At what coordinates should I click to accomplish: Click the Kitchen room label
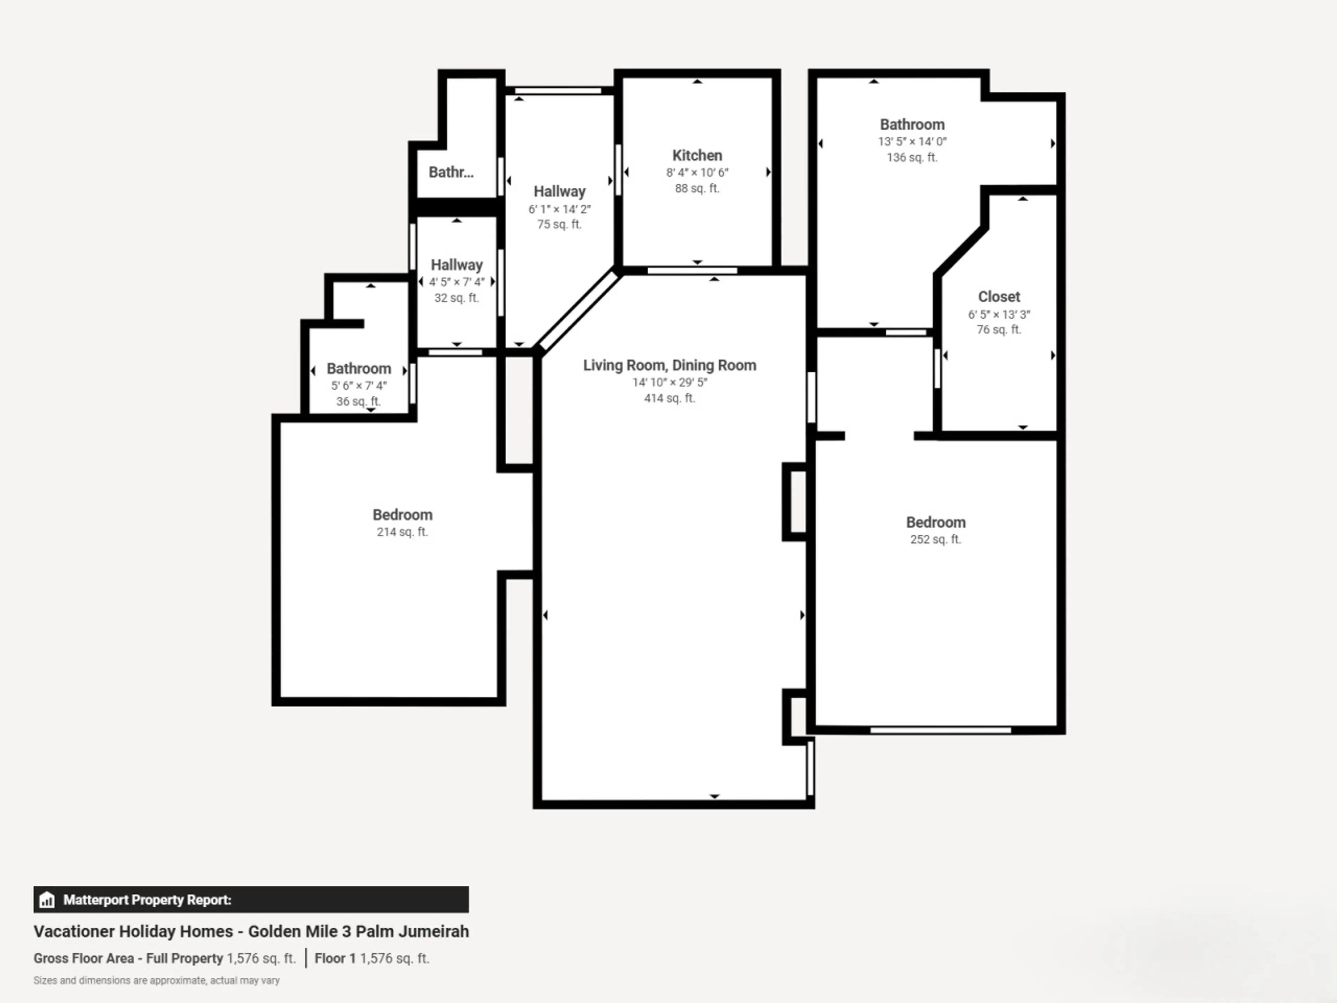point(697,155)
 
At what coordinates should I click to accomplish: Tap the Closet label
point(999,297)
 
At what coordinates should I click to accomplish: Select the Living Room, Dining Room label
point(669,365)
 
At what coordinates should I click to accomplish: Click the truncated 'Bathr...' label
point(451,172)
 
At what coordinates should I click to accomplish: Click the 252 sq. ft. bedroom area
point(935,539)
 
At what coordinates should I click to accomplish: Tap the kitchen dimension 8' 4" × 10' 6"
point(697,172)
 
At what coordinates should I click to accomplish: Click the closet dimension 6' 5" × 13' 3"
point(999,314)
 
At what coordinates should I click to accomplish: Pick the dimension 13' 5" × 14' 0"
point(912,141)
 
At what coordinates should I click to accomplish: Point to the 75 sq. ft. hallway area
point(559,224)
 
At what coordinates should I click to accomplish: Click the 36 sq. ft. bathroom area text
point(358,402)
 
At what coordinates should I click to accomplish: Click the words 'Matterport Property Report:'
point(148,900)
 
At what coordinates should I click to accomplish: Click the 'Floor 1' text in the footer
point(335,958)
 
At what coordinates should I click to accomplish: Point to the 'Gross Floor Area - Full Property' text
point(128,958)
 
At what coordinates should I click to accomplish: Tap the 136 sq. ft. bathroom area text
point(912,157)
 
